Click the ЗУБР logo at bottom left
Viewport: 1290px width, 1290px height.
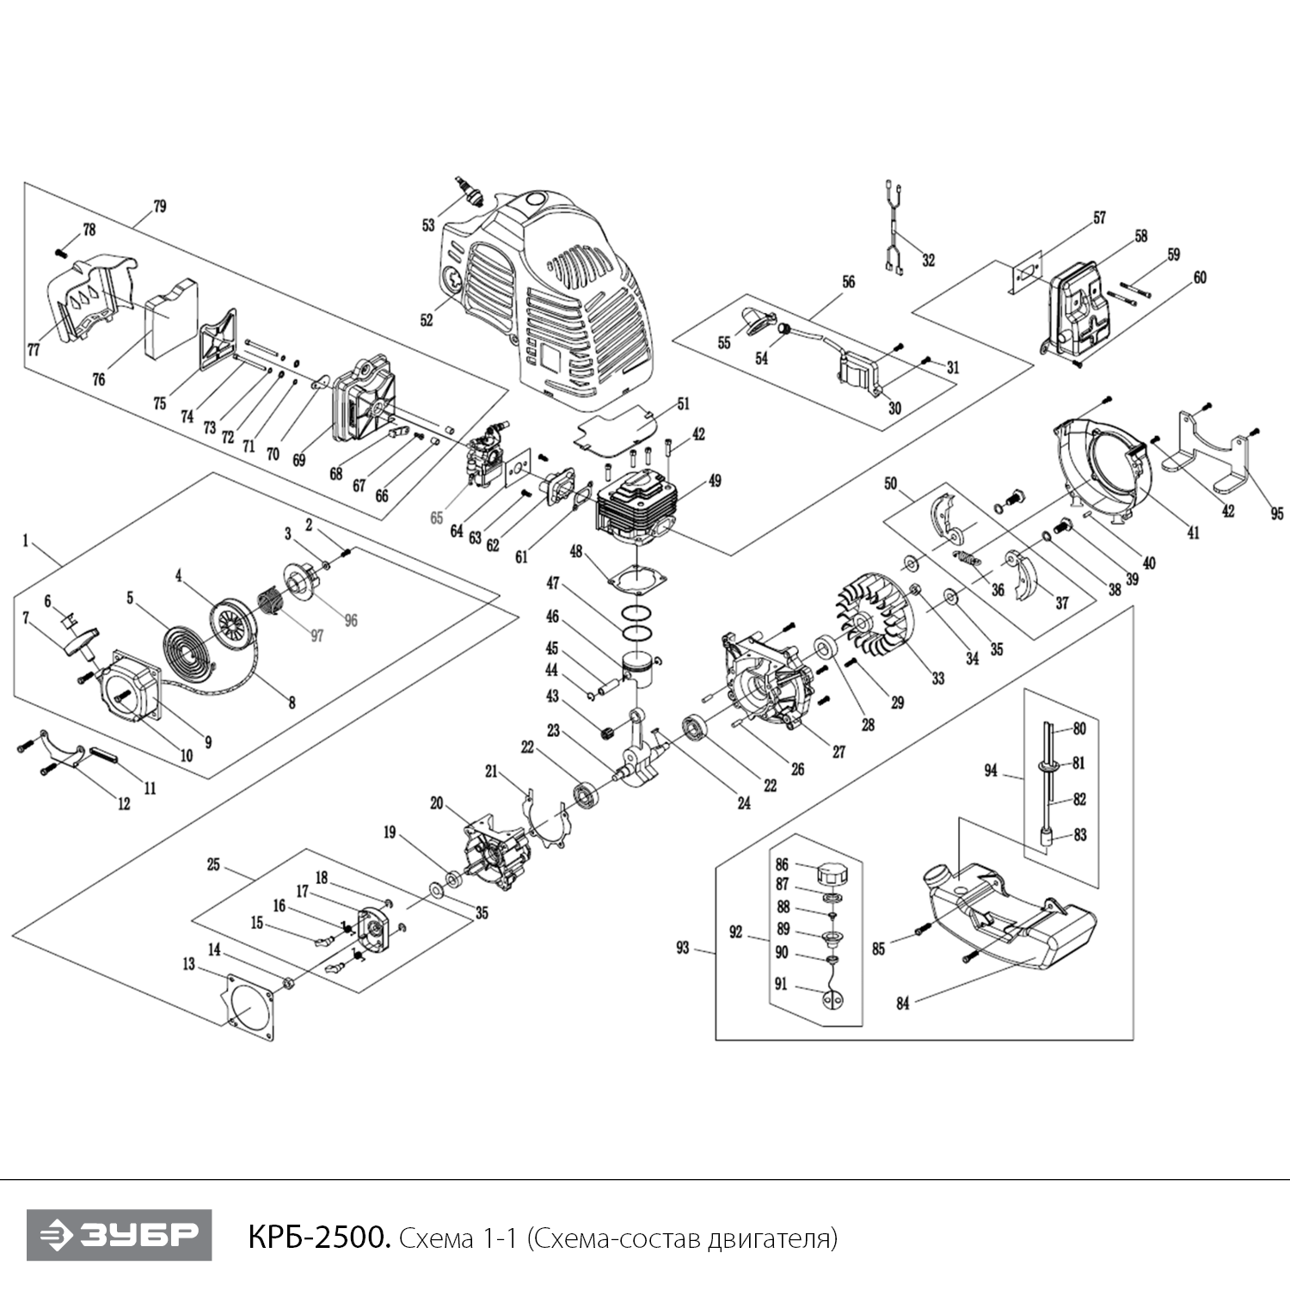pyautogui.click(x=119, y=1236)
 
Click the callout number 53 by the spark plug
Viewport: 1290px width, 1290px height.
pyautogui.click(x=428, y=225)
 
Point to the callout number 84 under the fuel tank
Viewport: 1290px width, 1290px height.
pyautogui.click(x=902, y=1003)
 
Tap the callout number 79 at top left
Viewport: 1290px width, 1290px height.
pyautogui.click(x=159, y=206)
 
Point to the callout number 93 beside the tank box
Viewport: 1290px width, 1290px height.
pyautogui.click(x=682, y=948)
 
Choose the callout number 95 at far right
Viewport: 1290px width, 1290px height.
pyautogui.click(x=1276, y=513)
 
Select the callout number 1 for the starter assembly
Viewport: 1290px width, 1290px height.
pyautogui.click(x=26, y=541)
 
